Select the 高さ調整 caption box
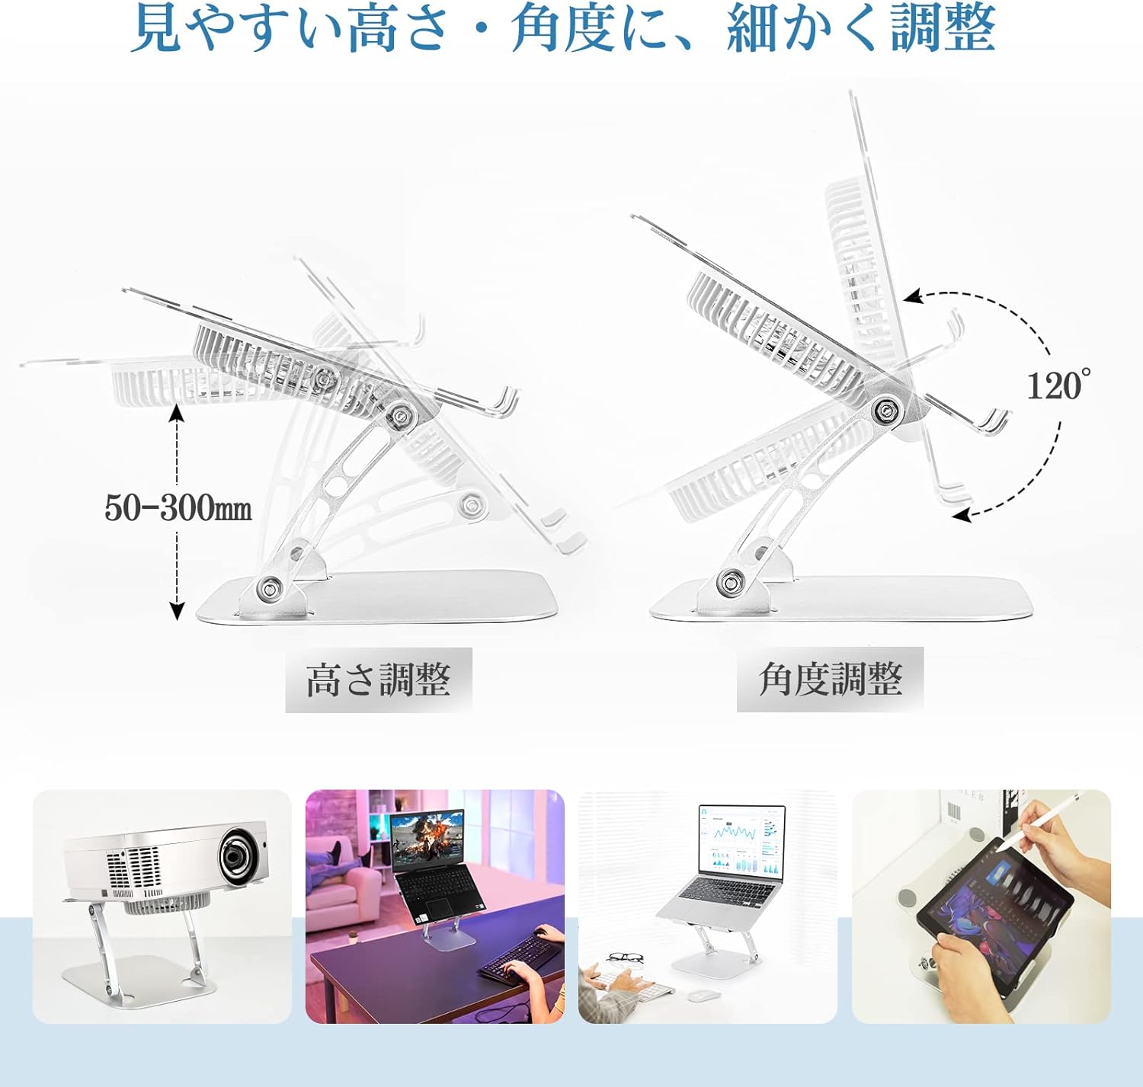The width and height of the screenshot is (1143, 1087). (379, 680)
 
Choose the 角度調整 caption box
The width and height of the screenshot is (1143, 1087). (831, 679)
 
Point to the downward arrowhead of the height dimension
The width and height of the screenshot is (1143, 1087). (177, 611)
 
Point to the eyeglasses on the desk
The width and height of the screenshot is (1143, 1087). (624, 957)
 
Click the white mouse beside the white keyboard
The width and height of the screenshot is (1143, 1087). (703, 995)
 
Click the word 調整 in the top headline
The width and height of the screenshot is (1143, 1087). (943, 30)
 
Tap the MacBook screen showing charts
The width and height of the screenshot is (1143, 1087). (741, 839)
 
